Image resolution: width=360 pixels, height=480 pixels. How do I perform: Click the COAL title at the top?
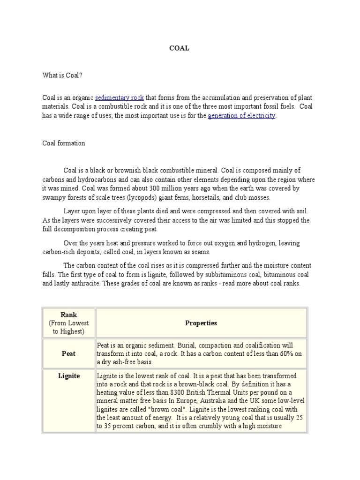click(x=180, y=48)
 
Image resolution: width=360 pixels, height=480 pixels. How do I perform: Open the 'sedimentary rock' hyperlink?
click(x=119, y=97)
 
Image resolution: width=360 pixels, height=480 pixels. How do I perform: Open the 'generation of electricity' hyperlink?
click(x=242, y=115)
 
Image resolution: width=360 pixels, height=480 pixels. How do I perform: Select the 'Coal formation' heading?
click(x=64, y=143)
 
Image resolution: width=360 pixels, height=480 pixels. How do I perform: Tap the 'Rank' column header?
click(x=68, y=315)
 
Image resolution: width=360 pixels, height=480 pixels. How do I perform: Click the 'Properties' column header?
click(x=201, y=323)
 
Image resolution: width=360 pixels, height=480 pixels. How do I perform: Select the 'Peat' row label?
click(x=68, y=353)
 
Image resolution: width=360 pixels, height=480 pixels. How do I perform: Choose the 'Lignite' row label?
click(x=68, y=376)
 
